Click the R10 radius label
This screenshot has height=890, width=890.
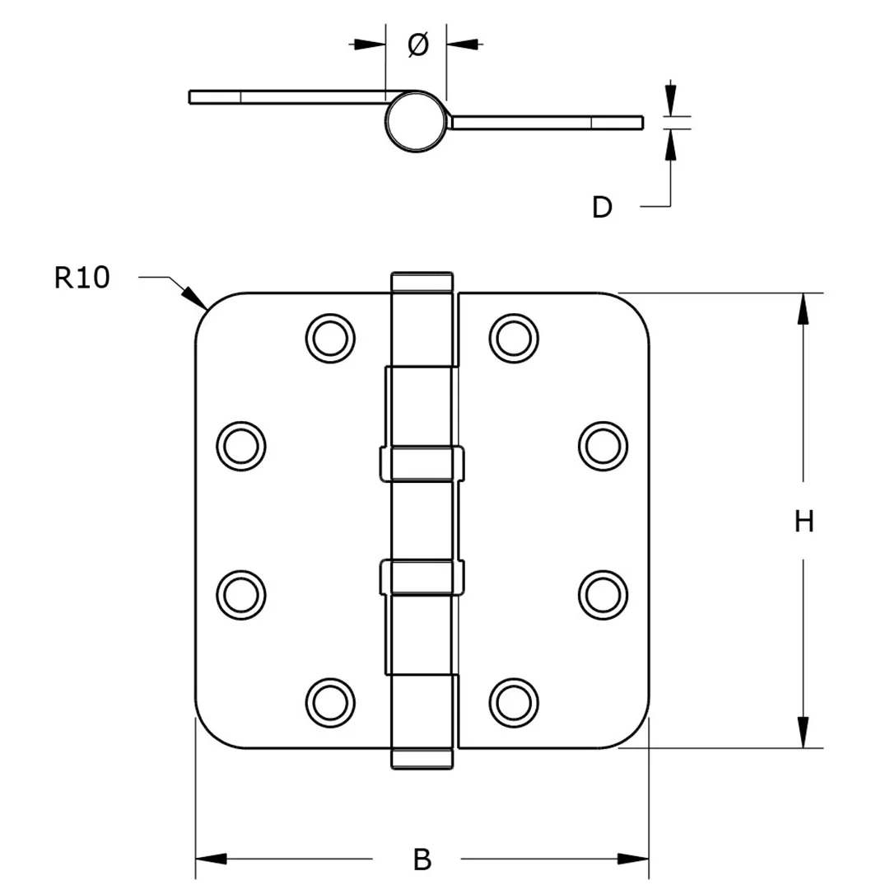[x=82, y=279]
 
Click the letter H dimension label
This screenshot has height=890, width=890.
[x=804, y=521]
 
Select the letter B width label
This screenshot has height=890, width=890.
[x=422, y=860]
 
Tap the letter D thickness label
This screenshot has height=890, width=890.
[x=602, y=207]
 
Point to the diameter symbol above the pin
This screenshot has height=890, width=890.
[x=417, y=45]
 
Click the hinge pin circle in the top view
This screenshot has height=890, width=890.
[x=416, y=121]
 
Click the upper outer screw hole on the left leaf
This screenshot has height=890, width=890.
[x=240, y=446]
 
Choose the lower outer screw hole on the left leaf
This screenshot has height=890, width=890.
[x=240, y=593]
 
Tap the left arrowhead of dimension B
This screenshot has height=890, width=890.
[x=209, y=860]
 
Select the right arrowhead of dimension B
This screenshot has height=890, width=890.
[x=635, y=860]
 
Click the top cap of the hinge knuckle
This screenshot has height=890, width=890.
[x=422, y=281]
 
